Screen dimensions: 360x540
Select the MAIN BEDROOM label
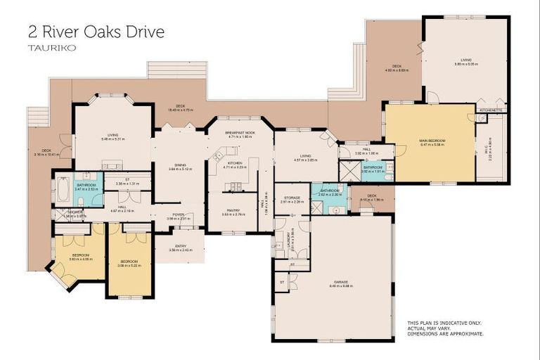432,141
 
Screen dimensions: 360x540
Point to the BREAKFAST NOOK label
240,132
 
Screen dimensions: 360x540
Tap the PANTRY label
232,210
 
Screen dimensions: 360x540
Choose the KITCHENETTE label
490,110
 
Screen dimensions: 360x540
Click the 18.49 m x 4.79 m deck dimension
180,110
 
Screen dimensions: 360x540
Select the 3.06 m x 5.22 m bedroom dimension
129,266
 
